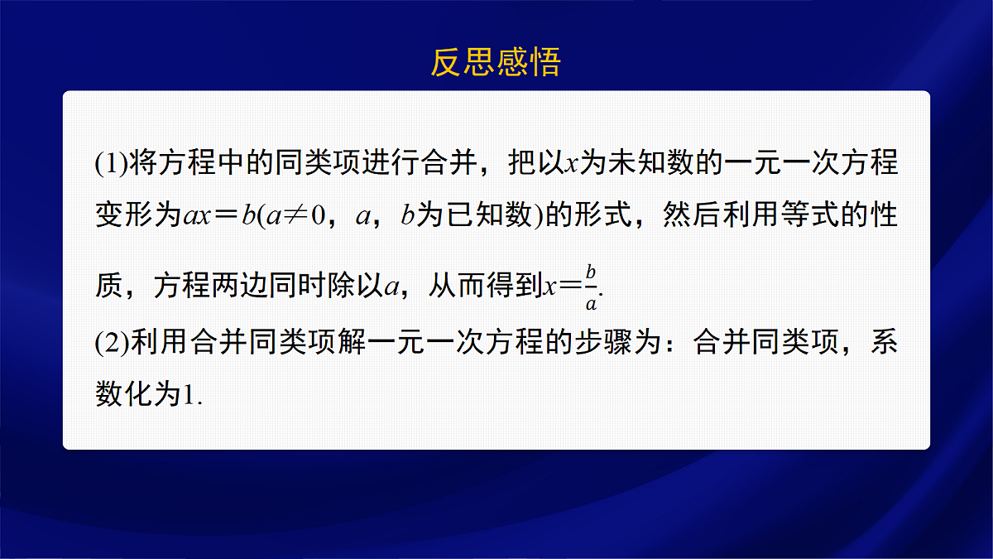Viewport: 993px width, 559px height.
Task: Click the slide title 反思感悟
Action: pyautogui.click(x=496, y=62)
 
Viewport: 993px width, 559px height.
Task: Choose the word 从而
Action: pyautogui.click(x=456, y=286)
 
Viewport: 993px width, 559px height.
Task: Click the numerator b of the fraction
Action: pyautogui.click(x=591, y=272)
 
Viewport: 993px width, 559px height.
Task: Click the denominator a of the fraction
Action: pyautogui.click(x=591, y=303)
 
